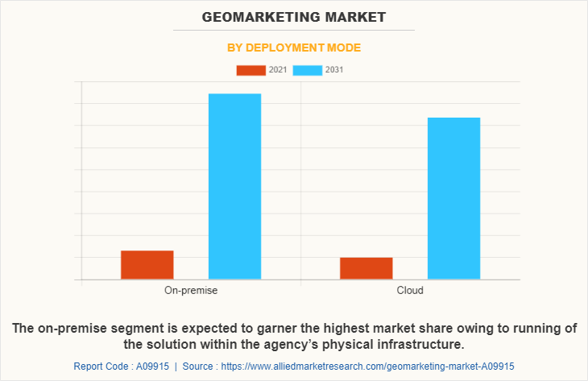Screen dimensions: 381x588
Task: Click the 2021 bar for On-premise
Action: [x=147, y=265]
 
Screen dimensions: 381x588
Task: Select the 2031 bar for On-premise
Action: [x=234, y=186]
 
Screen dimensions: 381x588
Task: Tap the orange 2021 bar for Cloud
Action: [x=366, y=268]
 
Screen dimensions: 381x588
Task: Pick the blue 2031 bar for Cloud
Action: [x=453, y=198]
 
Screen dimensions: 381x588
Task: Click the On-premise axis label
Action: [x=191, y=290]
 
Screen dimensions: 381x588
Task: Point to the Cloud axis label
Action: [x=410, y=290]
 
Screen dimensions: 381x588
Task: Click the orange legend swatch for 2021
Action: [x=251, y=70]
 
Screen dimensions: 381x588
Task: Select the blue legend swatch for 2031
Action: [x=308, y=70]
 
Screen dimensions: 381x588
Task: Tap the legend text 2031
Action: [x=334, y=70]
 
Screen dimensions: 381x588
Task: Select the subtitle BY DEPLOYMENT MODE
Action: [x=294, y=48]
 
